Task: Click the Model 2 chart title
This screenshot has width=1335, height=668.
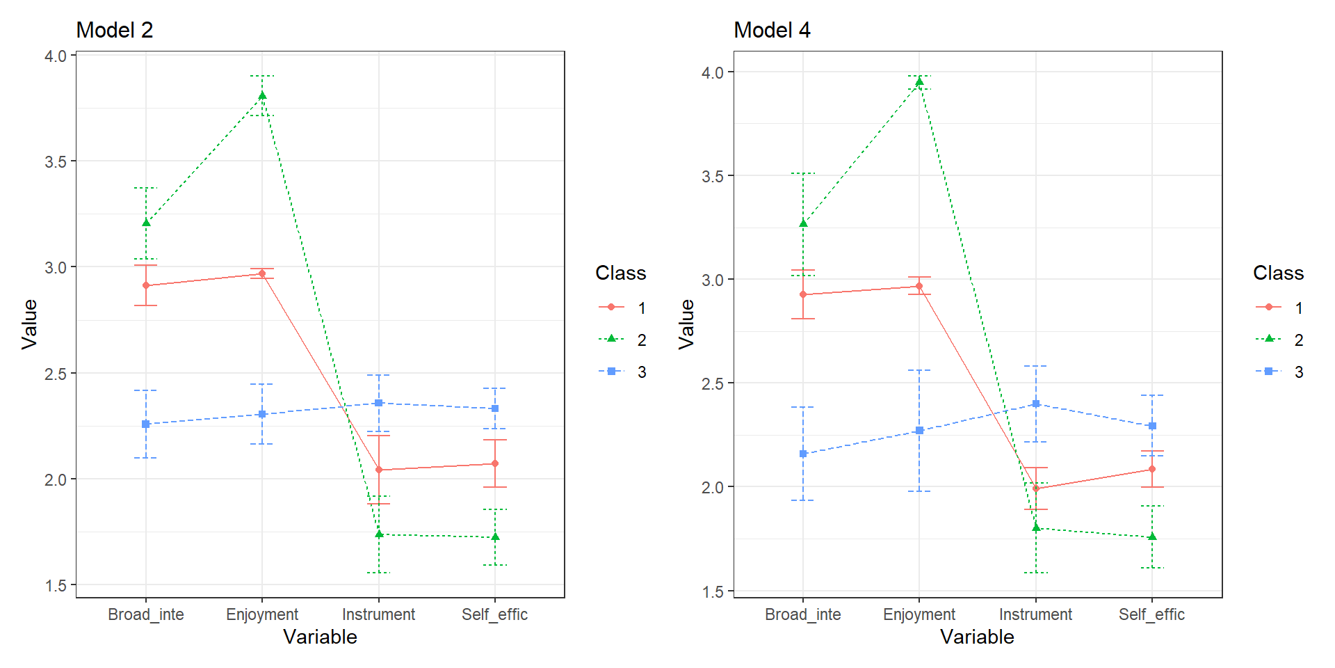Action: (x=114, y=30)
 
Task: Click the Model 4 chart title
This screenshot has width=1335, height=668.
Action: (x=772, y=30)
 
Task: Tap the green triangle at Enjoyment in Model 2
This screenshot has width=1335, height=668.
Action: (x=262, y=96)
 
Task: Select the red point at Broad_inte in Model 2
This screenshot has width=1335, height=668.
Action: (x=146, y=285)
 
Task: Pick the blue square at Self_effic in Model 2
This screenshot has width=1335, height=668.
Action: (x=495, y=408)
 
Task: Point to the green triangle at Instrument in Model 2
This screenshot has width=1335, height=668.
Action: (x=379, y=534)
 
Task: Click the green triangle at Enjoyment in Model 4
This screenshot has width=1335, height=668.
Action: (x=919, y=82)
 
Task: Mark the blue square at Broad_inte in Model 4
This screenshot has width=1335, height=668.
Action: (x=803, y=454)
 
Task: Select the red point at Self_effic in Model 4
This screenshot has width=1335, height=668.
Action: (x=1152, y=469)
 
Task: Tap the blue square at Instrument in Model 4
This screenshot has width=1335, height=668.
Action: (x=1036, y=404)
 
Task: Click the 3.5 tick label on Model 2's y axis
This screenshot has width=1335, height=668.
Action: (x=56, y=161)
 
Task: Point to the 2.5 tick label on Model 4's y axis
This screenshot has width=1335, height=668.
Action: (x=713, y=383)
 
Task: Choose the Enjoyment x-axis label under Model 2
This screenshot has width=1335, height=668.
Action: (x=262, y=614)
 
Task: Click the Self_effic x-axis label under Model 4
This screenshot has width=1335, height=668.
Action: (x=1151, y=614)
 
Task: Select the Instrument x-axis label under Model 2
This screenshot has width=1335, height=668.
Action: (x=378, y=614)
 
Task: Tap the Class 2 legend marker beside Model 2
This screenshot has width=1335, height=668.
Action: (x=611, y=340)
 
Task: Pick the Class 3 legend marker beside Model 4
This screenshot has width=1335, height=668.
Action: (x=1268, y=372)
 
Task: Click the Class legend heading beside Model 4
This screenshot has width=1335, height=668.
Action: (x=1278, y=273)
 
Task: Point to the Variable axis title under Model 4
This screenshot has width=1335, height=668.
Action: (x=977, y=637)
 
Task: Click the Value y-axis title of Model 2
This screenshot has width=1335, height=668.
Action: (x=29, y=324)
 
